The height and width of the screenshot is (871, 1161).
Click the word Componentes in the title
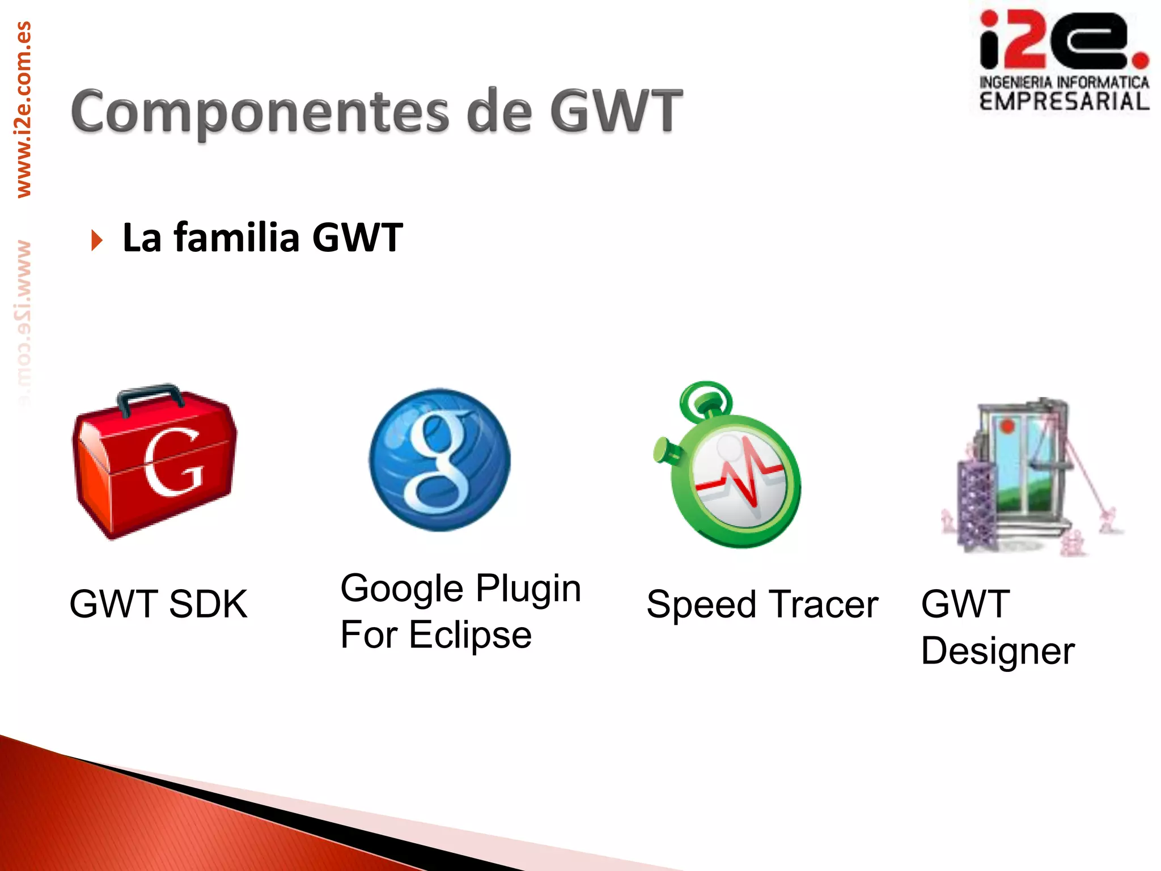[259, 112]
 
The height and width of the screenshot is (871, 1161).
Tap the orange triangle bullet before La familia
[97, 240]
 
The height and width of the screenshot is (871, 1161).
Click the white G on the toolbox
[173, 462]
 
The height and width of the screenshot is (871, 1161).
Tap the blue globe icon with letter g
[439, 460]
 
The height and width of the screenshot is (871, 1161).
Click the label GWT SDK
[158, 604]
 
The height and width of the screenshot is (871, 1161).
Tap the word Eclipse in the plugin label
[470, 635]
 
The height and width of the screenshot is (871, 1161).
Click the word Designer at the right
[997, 651]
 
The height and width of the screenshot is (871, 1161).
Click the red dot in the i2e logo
[1139, 59]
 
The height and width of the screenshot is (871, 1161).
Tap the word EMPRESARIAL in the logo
[1064, 102]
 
